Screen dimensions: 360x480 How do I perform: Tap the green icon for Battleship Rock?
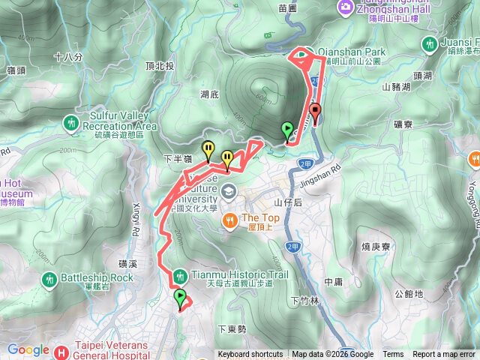click(50, 279)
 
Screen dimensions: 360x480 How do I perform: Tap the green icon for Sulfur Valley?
click(72, 121)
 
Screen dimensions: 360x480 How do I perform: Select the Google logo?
click(28, 349)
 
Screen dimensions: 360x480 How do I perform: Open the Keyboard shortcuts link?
click(250, 355)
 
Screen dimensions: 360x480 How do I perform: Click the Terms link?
click(393, 355)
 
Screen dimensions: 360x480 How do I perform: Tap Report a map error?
click(445, 355)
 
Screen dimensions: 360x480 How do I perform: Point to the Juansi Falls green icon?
click(430, 44)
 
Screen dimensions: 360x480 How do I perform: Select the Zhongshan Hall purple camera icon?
click(346, 7)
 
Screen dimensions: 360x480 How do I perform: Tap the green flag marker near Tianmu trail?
click(180, 300)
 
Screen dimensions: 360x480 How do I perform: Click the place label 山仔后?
click(287, 202)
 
